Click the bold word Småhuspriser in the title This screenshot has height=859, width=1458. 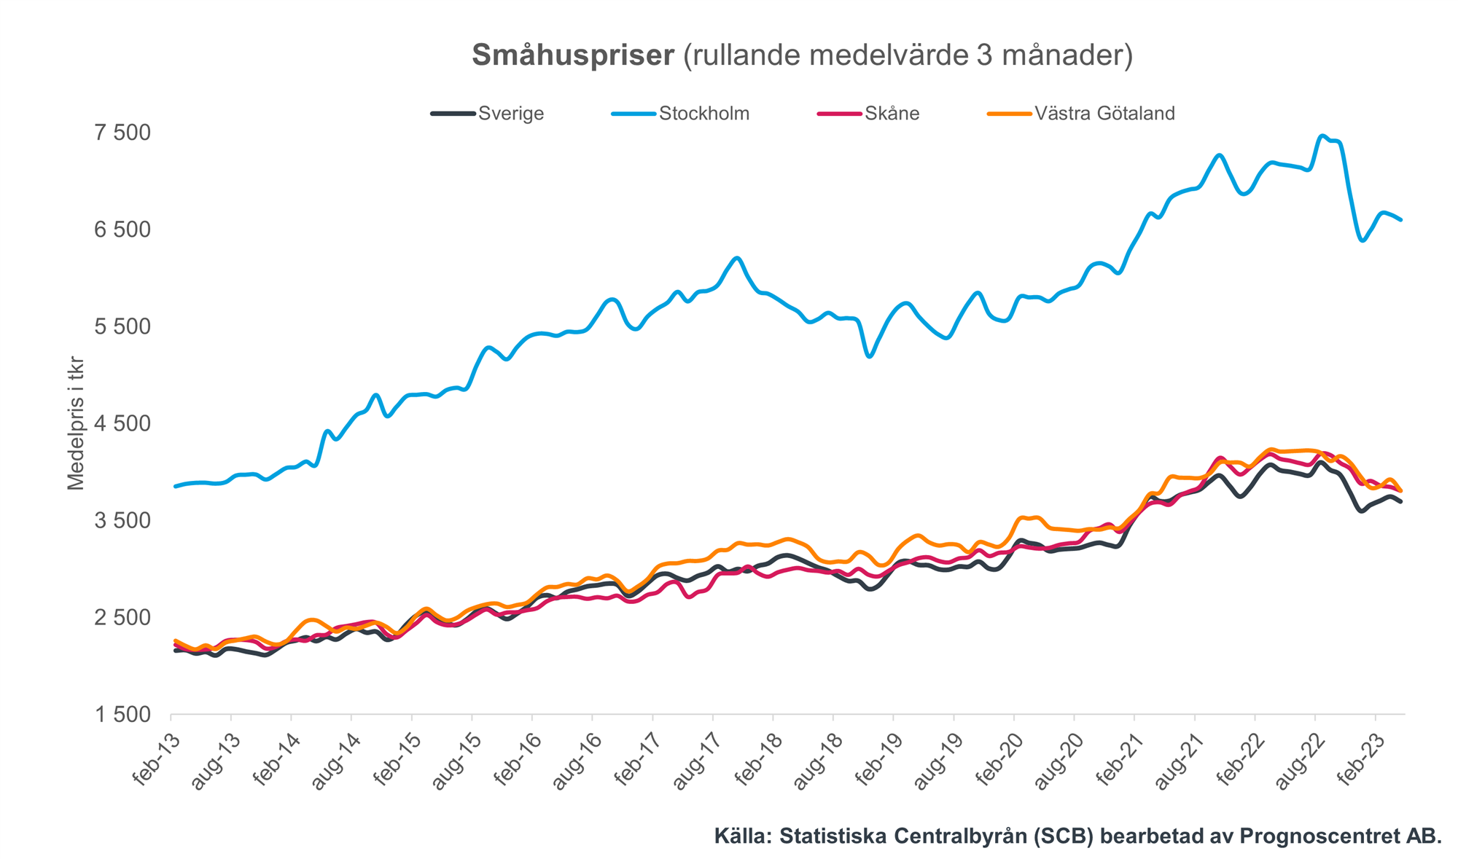click(573, 55)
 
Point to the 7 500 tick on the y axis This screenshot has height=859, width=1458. click(122, 133)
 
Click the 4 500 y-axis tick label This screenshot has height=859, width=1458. click(122, 423)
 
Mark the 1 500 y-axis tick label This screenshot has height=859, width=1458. click(122, 715)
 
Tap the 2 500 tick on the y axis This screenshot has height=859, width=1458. click(122, 618)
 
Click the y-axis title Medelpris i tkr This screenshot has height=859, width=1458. click(76, 423)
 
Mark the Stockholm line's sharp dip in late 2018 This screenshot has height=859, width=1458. click(869, 356)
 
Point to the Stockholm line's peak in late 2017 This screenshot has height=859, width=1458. click(738, 258)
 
